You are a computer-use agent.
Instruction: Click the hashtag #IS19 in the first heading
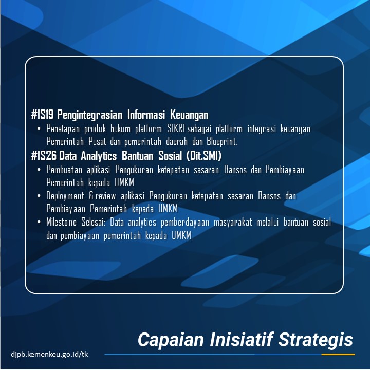click(43, 115)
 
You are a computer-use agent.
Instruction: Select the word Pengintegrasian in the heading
click(90, 115)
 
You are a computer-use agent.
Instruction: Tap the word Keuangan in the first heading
click(189, 115)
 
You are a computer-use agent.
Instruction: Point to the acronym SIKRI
click(176, 129)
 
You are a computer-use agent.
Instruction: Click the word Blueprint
click(223, 142)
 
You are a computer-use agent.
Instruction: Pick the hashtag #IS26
click(44, 156)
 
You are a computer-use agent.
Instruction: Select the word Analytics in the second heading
click(99, 156)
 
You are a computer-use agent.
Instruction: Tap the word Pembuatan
click(64, 170)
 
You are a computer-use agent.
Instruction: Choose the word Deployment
click(65, 196)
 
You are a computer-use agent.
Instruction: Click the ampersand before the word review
click(91, 196)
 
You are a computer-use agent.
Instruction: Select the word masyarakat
click(233, 223)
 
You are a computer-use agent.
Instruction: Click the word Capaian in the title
click(171, 340)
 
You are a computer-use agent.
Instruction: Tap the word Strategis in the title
click(316, 340)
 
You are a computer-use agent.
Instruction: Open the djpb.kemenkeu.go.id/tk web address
click(49, 354)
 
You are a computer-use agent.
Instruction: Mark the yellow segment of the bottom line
click(338, 355)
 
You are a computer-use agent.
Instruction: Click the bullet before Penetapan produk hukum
click(39, 129)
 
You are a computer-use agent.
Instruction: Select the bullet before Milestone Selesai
click(39, 222)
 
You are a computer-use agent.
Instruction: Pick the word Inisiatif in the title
click(241, 340)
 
